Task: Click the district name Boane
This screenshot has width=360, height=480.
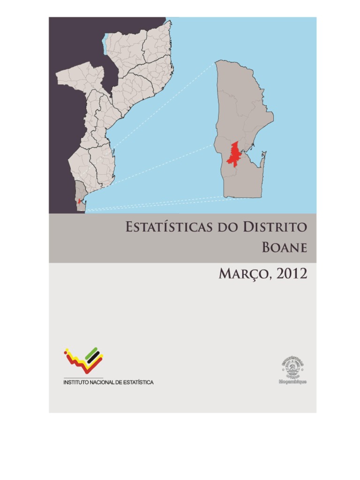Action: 285,247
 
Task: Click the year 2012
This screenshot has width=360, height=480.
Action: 292,274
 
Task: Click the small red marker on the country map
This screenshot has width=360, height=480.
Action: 79,201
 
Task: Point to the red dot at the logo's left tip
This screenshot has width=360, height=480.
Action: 66,350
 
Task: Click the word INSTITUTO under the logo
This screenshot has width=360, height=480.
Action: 75,382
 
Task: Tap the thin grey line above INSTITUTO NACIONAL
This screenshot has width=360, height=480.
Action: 83,378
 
